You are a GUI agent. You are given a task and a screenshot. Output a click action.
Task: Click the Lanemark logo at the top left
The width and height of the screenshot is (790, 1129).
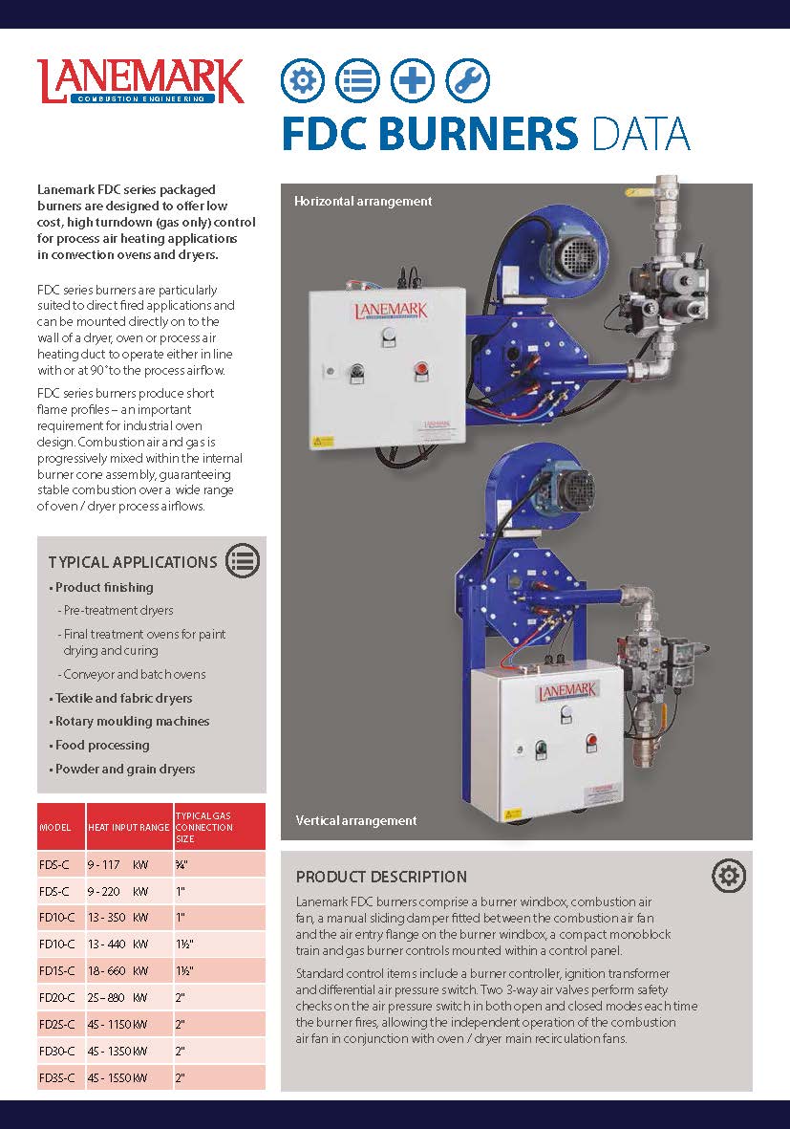140,81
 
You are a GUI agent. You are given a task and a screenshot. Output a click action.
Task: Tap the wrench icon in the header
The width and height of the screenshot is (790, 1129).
467,80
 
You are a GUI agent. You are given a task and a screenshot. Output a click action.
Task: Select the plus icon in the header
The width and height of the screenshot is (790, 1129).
413,80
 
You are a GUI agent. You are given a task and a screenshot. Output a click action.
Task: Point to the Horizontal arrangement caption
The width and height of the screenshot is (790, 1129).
363,201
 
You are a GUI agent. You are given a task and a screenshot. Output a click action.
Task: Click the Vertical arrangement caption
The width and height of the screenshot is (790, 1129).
356,820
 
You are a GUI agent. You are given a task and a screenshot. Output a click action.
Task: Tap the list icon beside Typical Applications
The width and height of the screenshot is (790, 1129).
242,561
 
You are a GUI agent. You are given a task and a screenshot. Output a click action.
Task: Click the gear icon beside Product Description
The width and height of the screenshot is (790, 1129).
729,875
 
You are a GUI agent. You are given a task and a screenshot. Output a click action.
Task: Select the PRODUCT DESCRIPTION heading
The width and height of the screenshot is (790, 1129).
381,877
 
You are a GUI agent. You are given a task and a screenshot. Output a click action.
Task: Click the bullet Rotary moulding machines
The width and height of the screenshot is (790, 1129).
132,722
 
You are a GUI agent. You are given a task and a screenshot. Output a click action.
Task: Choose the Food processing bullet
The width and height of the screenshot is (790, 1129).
102,746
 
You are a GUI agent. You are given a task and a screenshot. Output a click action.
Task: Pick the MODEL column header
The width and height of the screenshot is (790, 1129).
55,828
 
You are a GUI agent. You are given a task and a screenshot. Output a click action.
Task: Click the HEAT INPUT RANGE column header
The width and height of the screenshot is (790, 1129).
128,828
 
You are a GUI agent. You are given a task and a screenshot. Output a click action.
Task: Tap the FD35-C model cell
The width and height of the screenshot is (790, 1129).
57,1078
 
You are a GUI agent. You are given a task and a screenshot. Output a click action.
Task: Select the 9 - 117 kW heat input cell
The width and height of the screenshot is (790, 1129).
118,864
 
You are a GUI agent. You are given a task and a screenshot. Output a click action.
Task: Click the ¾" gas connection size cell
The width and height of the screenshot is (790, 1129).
181,864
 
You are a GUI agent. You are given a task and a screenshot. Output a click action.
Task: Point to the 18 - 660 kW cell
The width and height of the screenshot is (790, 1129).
118,970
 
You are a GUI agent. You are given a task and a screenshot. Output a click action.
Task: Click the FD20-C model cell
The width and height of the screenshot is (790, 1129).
57,997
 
